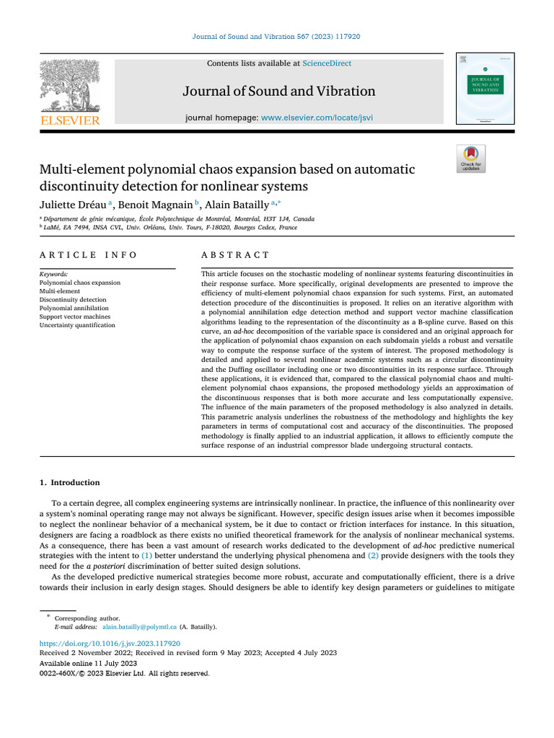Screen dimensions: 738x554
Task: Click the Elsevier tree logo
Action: pos(70,85)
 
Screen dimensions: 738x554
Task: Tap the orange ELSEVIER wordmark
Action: pos(70,120)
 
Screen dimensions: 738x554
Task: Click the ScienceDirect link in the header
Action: pos(327,63)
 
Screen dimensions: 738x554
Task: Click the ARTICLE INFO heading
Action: pos(88,255)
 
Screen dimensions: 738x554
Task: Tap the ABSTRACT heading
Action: pos(235,255)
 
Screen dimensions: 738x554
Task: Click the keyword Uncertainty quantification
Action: pos(77,325)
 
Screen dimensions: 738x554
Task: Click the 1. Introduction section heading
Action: pos(69,482)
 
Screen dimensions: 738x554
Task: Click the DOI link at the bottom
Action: pos(109,643)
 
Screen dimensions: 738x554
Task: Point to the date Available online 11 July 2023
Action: pos(88,663)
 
